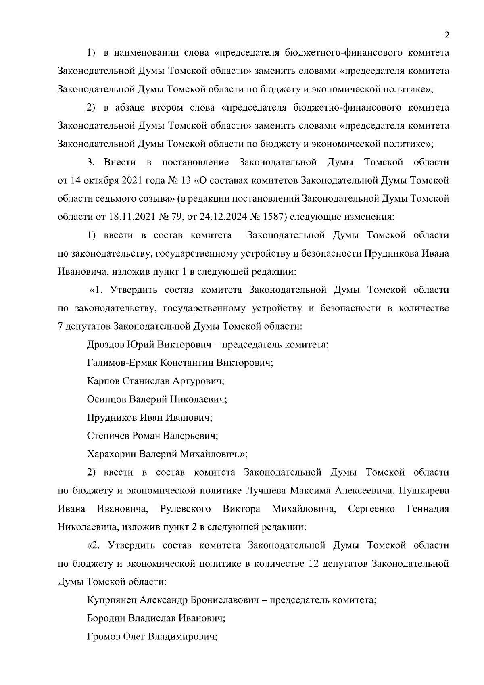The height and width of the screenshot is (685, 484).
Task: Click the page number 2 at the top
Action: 446,35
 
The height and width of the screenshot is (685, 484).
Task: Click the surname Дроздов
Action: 106,345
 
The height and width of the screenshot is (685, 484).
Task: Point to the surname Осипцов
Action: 106,399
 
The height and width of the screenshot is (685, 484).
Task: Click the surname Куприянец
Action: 112,600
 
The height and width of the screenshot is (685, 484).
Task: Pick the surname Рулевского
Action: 186,509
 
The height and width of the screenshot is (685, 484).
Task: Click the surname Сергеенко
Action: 371,509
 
